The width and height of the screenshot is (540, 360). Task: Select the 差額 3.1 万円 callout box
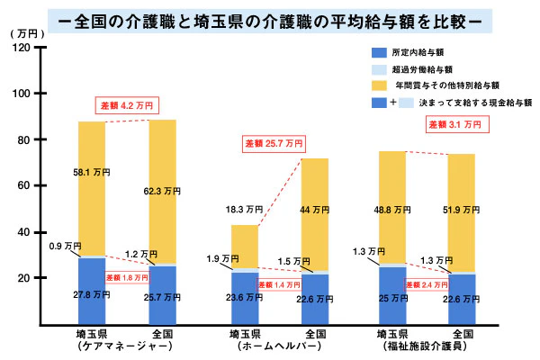[457, 123]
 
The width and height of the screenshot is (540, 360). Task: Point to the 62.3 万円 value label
[163, 191]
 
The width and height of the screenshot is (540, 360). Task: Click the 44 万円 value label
[314, 210]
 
